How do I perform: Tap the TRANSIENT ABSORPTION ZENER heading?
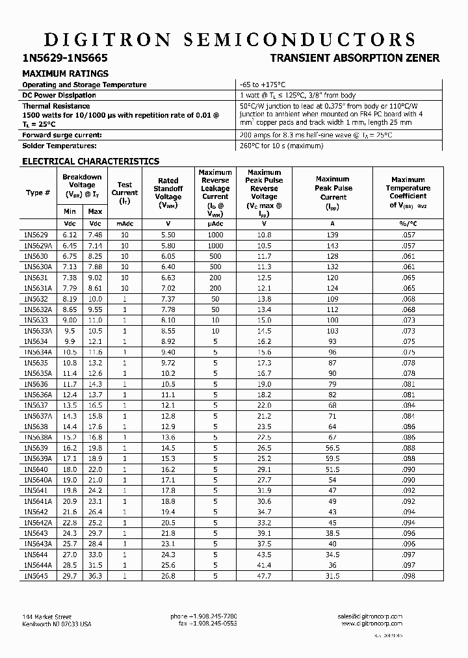click(355, 58)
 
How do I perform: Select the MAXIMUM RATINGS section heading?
click(66, 73)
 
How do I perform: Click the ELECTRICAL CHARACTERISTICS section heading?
click(90, 161)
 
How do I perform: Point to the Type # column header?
click(38, 192)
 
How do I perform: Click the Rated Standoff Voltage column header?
click(168, 189)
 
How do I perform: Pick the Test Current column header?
click(125, 192)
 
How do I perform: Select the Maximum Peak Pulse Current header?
click(333, 188)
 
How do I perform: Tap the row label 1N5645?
click(36, 575)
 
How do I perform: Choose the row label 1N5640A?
click(38, 479)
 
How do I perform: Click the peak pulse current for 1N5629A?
click(333, 246)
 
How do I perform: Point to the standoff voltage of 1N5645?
click(168, 575)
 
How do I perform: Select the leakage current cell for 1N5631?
click(215, 278)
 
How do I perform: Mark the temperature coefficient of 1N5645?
click(408, 575)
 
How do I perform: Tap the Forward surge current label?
click(62, 135)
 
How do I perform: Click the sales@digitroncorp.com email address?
click(370, 616)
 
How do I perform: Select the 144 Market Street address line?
click(47, 616)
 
